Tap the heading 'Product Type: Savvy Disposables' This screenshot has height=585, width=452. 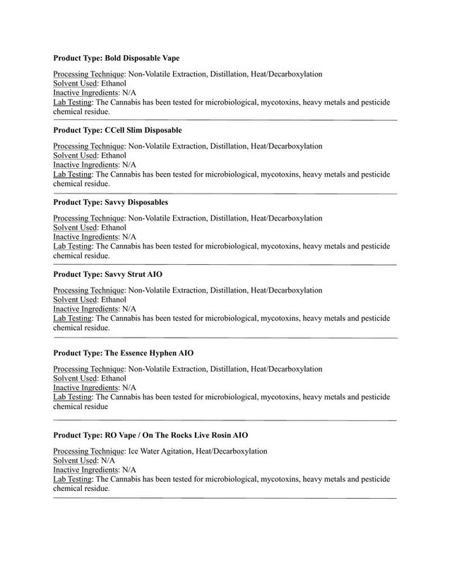pos(110,203)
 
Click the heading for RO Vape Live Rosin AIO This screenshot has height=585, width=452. pos(150,435)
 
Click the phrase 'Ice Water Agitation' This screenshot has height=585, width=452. pos(160,451)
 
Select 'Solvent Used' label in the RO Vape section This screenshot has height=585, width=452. pos(75,460)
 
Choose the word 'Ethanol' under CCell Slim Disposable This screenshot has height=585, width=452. pos(114,155)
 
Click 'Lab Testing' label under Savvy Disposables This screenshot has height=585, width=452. pos(73,247)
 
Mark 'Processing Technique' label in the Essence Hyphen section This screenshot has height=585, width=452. pos(89,370)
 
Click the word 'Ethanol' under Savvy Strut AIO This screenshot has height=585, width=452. pos(114,300)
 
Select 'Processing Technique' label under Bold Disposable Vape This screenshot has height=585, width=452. pos(89,74)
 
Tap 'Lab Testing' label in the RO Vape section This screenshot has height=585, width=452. pos(73,479)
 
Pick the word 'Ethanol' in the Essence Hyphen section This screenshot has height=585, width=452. pos(114,379)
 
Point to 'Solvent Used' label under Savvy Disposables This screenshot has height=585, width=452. pos(75,227)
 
